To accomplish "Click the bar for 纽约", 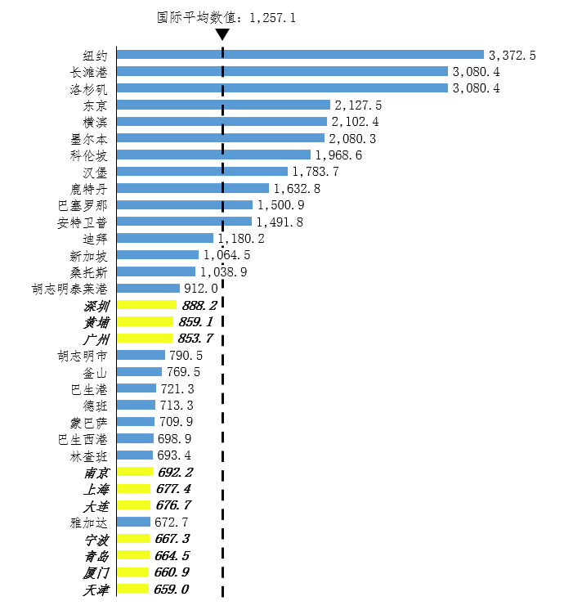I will [300, 55].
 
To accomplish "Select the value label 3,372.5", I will [512, 56].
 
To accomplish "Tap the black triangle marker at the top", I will [222, 34].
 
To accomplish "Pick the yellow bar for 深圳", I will [146, 305].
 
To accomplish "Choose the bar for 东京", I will [223, 105].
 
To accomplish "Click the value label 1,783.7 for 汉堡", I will [316, 172].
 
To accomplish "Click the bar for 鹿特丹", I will [193, 188].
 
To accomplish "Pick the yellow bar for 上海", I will [134, 489].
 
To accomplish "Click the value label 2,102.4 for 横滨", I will [355, 122].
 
